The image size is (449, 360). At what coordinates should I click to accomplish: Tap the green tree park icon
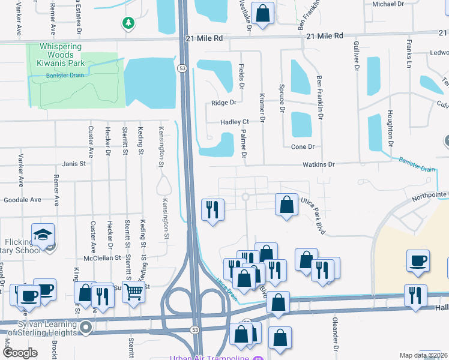click(127, 23)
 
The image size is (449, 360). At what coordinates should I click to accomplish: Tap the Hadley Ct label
click(234, 122)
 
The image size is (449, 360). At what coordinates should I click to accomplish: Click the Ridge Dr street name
click(224, 103)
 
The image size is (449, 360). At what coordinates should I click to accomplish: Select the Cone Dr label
click(303, 147)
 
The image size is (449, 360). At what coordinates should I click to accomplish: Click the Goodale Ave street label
click(22, 200)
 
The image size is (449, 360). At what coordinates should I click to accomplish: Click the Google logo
click(19, 353)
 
